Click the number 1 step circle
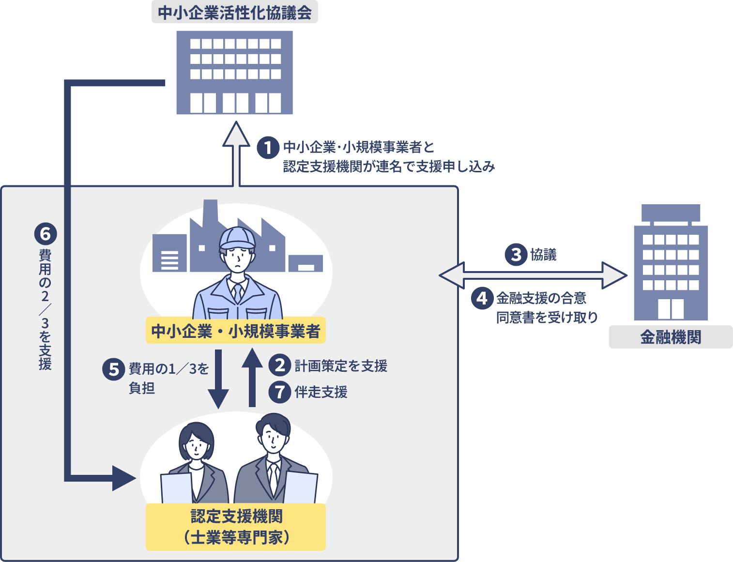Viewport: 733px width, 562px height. pyautogui.click(x=268, y=148)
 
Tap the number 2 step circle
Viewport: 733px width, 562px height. pyautogui.click(x=280, y=365)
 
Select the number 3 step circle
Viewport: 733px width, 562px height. pyautogui.click(x=516, y=254)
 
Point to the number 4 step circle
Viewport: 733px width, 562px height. pyautogui.click(x=482, y=298)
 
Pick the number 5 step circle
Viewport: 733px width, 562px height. pyautogui.click(x=114, y=369)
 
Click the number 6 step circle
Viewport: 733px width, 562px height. pyautogui.click(x=46, y=234)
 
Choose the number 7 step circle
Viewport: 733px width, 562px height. pyautogui.click(x=280, y=392)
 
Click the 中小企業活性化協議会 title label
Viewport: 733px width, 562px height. pyautogui.click(x=235, y=13)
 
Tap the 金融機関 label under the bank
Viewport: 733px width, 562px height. pyautogui.click(x=671, y=337)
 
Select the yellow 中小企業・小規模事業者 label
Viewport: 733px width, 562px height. pyautogui.click(x=236, y=331)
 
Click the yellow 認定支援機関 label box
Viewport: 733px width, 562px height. pyautogui.click(x=236, y=527)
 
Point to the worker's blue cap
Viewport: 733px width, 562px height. pyautogui.click(x=237, y=237)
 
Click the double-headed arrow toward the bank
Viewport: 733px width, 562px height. pyautogui.click(x=533, y=275)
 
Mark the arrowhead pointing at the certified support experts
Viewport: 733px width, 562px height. pyautogui.click(x=123, y=478)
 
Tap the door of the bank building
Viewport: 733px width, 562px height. pyautogui.click(x=671, y=308)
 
